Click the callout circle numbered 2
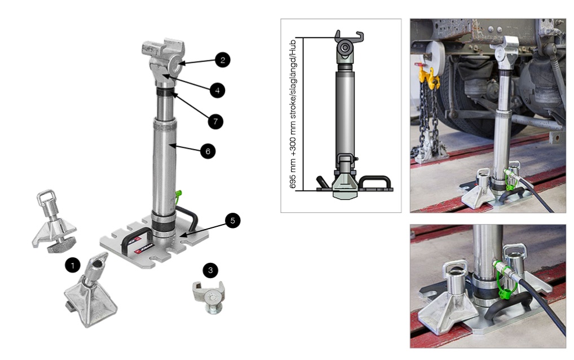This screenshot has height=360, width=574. [223, 60]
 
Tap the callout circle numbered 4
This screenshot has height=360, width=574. [218, 90]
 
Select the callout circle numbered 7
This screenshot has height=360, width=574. [215, 121]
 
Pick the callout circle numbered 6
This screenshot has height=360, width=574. [208, 151]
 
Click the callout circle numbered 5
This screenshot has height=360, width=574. [232, 221]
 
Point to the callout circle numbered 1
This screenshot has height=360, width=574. [73, 265]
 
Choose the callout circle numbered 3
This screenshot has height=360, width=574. [210, 270]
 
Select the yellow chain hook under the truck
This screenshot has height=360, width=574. [428, 76]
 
